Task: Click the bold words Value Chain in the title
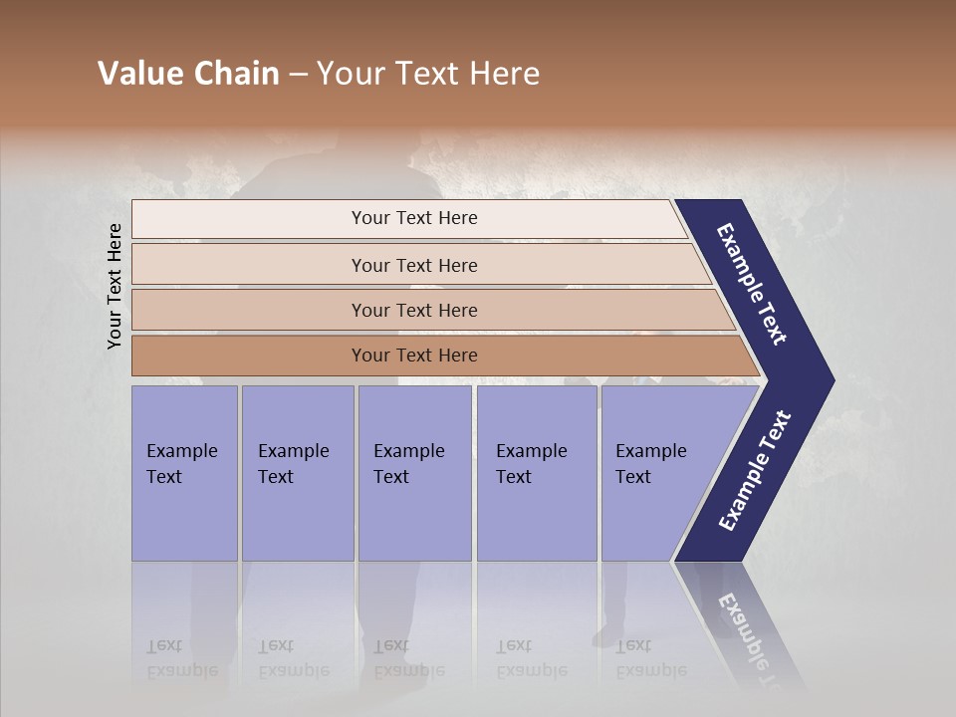point(188,74)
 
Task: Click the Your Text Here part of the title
point(428,74)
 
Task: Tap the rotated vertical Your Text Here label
point(116,287)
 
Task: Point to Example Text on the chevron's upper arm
point(752,284)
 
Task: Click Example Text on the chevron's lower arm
point(755,471)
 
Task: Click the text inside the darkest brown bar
point(414,356)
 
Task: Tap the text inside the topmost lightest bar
point(414,218)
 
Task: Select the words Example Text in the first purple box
point(181,464)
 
